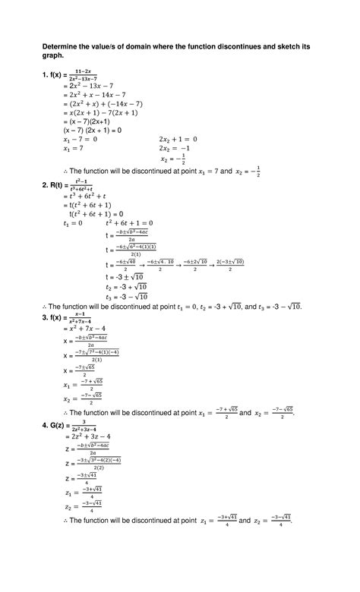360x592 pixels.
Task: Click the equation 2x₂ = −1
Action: tap(178, 149)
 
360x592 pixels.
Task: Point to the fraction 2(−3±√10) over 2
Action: tap(229, 263)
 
